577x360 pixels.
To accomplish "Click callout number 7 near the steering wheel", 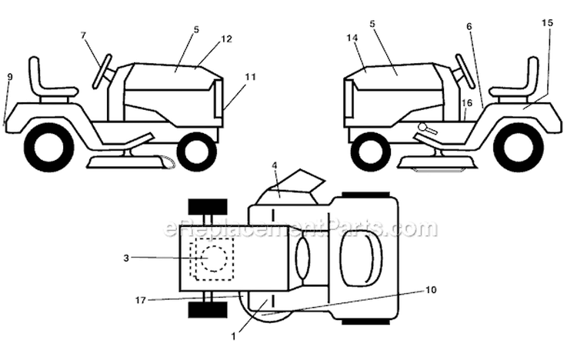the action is (x=83, y=35).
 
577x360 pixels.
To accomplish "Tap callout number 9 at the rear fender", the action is (x=10, y=77).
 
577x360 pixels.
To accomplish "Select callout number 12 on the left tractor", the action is (x=227, y=38).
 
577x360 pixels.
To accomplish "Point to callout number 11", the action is (x=250, y=77).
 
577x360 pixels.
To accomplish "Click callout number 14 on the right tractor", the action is (x=352, y=38).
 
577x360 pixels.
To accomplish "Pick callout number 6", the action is (x=469, y=26).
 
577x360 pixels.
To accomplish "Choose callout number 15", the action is (x=547, y=23).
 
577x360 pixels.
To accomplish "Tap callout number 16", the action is (x=467, y=103).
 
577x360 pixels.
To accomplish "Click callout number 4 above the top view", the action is (x=275, y=165).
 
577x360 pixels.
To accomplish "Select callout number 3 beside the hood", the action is (x=126, y=258).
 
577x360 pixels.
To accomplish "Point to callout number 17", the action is (x=140, y=300).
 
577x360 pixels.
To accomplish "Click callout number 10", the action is (x=431, y=290).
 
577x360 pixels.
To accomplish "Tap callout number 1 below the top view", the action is (x=233, y=336).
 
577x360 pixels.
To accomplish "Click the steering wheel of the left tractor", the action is (x=102, y=72).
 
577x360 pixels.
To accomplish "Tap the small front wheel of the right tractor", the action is (x=371, y=152).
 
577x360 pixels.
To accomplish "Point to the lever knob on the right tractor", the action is (x=423, y=127).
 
